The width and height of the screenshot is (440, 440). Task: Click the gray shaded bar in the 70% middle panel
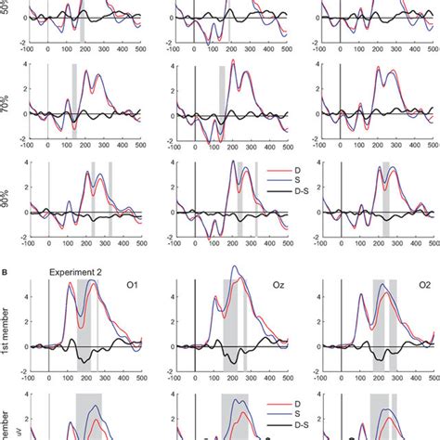point(221,101)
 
